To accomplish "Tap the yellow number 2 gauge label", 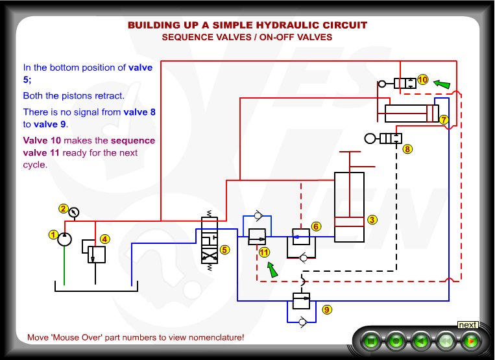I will [x=64, y=209].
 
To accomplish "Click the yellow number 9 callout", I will [x=326, y=309].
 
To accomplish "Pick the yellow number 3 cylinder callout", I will [x=372, y=220].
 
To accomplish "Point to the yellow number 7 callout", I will [x=444, y=119].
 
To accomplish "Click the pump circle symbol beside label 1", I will [x=64, y=239].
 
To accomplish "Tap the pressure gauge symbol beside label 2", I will [x=74, y=211].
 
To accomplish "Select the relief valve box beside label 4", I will [x=96, y=254].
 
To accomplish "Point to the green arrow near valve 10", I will [x=441, y=84].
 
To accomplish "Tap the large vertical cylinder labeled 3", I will [x=349, y=208].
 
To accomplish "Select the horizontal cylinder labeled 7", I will [x=411, y=113].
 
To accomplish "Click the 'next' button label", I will [x=468, y=324].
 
